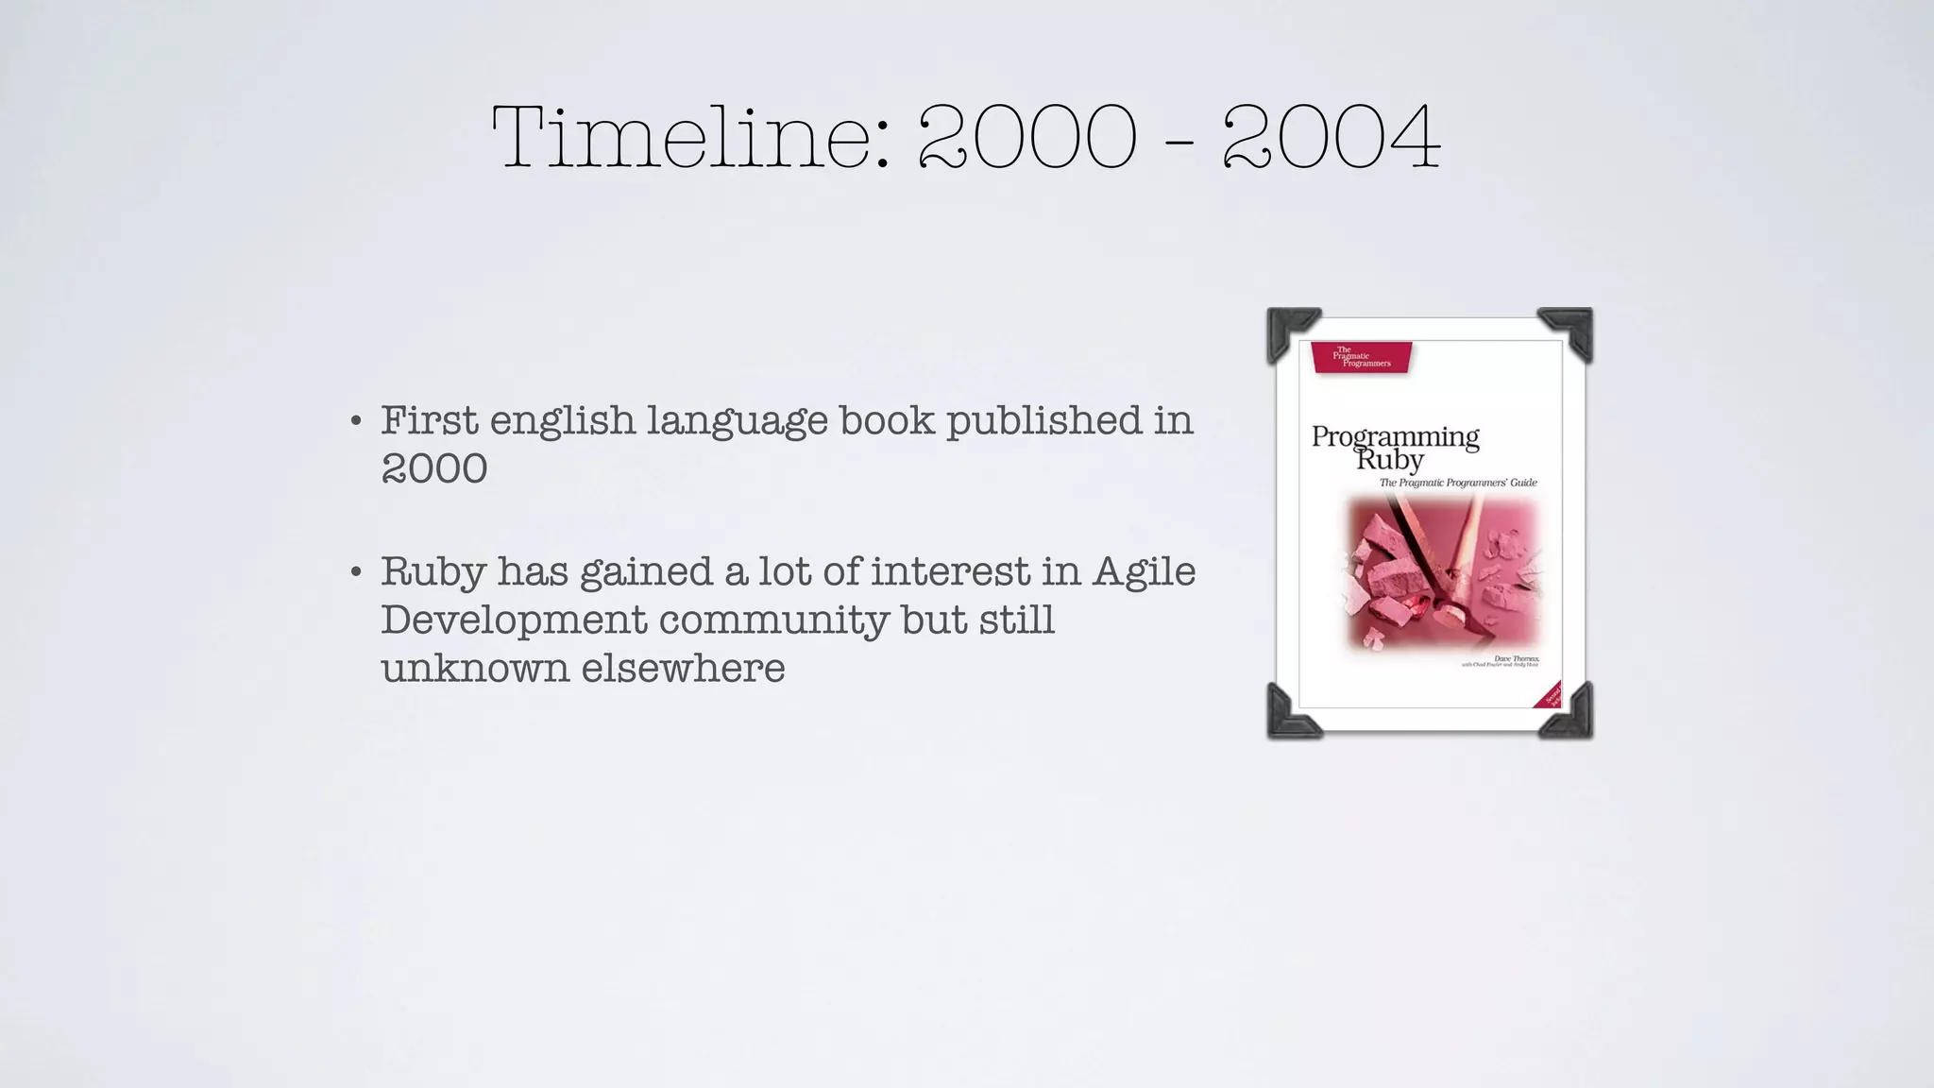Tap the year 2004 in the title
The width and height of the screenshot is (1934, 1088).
1332,138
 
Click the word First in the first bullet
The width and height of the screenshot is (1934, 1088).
429,420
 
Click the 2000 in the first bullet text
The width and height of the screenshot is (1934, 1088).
434,468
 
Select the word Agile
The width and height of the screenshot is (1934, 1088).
1144,571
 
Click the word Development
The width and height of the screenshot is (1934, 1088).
514,620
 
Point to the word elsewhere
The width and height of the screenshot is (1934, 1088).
683,669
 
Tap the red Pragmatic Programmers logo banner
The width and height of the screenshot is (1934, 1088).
1361,357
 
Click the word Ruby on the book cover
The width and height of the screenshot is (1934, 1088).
1389,461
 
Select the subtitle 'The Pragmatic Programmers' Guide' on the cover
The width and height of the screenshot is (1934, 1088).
1458,483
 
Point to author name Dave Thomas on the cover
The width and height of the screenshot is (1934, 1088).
1516,658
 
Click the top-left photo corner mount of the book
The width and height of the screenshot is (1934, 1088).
1290,331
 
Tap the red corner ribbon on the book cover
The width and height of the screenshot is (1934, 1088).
1550,695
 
